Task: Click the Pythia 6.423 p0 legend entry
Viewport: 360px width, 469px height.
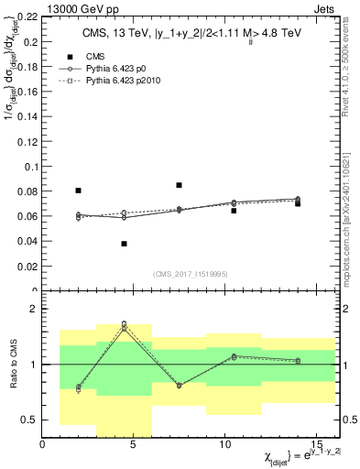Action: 128,68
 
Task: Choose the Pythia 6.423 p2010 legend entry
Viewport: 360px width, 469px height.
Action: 134,81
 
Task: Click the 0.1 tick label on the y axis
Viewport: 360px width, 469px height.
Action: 29,167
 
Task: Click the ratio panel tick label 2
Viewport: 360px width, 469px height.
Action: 33,310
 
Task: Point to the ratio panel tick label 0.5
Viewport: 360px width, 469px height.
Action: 29,420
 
